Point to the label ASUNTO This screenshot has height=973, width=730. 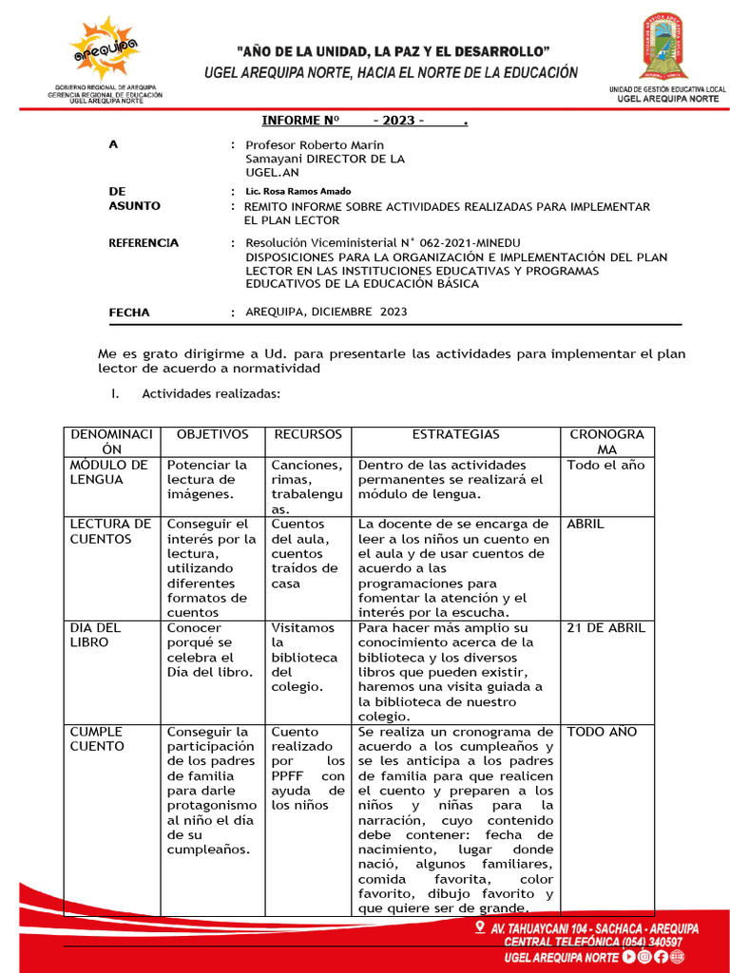134,206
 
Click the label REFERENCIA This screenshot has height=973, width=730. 144,242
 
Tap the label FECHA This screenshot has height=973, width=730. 129,312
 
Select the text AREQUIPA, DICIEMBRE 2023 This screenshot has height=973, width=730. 326,312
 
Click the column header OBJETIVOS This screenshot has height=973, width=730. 212,434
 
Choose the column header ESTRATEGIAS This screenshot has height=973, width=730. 455,434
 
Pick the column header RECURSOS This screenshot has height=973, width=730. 307,434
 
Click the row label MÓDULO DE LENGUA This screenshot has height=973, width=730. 108,472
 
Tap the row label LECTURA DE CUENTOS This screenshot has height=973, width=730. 110,531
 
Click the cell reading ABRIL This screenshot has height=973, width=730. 586,524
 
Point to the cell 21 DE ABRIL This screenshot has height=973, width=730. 605,628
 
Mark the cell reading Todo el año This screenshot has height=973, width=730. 605,465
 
